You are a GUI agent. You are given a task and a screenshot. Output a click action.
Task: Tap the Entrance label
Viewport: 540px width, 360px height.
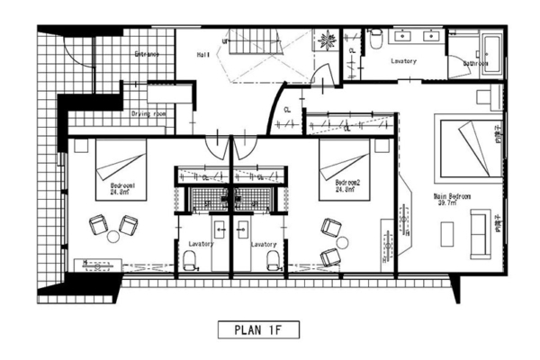(x=147, y=55)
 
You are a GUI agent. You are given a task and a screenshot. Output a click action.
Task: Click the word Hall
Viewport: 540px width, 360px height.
(x=203, y=55)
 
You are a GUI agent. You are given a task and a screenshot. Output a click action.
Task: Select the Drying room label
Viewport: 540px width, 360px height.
(x=148, y=114)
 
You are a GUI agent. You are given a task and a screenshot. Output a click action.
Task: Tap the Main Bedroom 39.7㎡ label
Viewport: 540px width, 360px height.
(x=453, y=199)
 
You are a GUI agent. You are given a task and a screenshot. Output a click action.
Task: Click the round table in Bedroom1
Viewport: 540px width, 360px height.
(x=112, y=238)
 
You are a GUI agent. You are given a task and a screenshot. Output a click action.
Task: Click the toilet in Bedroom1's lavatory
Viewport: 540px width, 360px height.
(x=189, y=260)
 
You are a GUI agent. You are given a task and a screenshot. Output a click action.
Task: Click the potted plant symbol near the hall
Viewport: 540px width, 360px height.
(x=322, y=40)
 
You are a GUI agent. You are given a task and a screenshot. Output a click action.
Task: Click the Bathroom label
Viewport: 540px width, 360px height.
(x=475, y=64)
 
